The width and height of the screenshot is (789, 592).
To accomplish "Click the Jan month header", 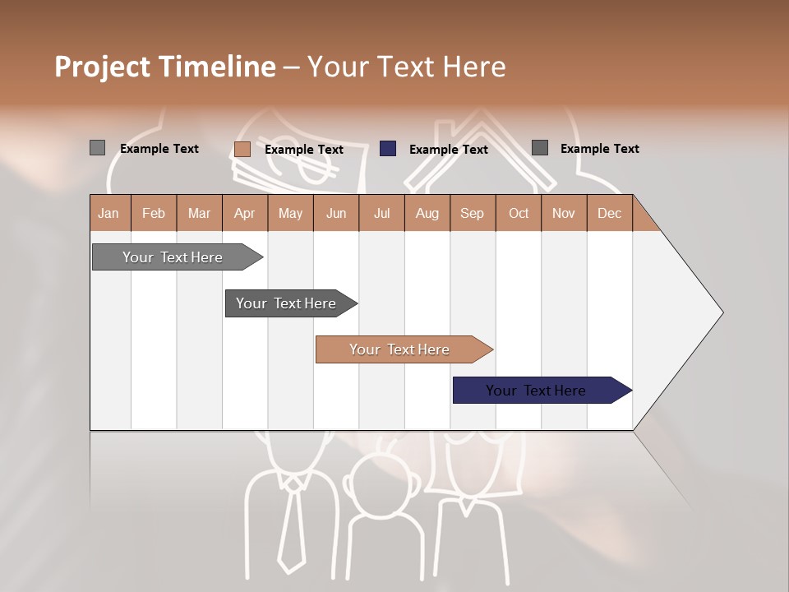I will (108, 214).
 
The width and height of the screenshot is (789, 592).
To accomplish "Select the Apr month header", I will (244, 214).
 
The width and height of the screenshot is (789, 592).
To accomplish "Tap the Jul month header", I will (381, 214).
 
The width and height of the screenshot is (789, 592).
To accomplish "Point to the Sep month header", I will (472, 214).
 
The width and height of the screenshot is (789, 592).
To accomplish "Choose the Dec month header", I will (609, 214).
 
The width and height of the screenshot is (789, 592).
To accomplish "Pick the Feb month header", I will (154, 214).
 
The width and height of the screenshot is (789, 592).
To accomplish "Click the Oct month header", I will (519, 214).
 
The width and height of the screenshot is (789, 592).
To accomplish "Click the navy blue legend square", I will (388, 149).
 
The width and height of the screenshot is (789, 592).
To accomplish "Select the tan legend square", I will (242, 149).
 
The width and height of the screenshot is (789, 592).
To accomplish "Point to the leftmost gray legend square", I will (97, 148).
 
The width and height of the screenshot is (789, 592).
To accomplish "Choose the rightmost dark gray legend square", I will (540, 148).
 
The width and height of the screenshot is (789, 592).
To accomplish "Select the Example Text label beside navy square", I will (448, 150).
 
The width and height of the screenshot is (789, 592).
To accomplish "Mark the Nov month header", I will (564, 214).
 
